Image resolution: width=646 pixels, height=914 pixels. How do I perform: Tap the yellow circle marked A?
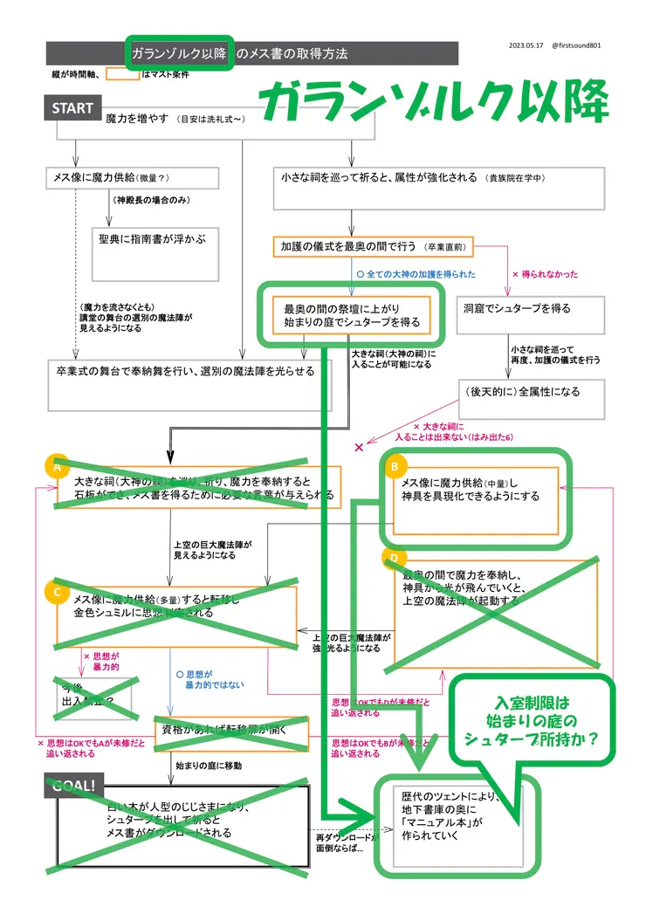57,467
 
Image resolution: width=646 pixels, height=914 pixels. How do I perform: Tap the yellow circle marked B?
394,467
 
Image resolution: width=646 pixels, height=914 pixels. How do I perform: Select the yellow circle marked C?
57,591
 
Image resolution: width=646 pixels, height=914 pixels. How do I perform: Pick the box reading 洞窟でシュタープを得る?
529,308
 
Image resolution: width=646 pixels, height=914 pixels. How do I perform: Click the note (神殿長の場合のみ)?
150,201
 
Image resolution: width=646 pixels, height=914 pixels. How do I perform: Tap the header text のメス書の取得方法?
292,53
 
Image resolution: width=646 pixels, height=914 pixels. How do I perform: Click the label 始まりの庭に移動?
207,765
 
